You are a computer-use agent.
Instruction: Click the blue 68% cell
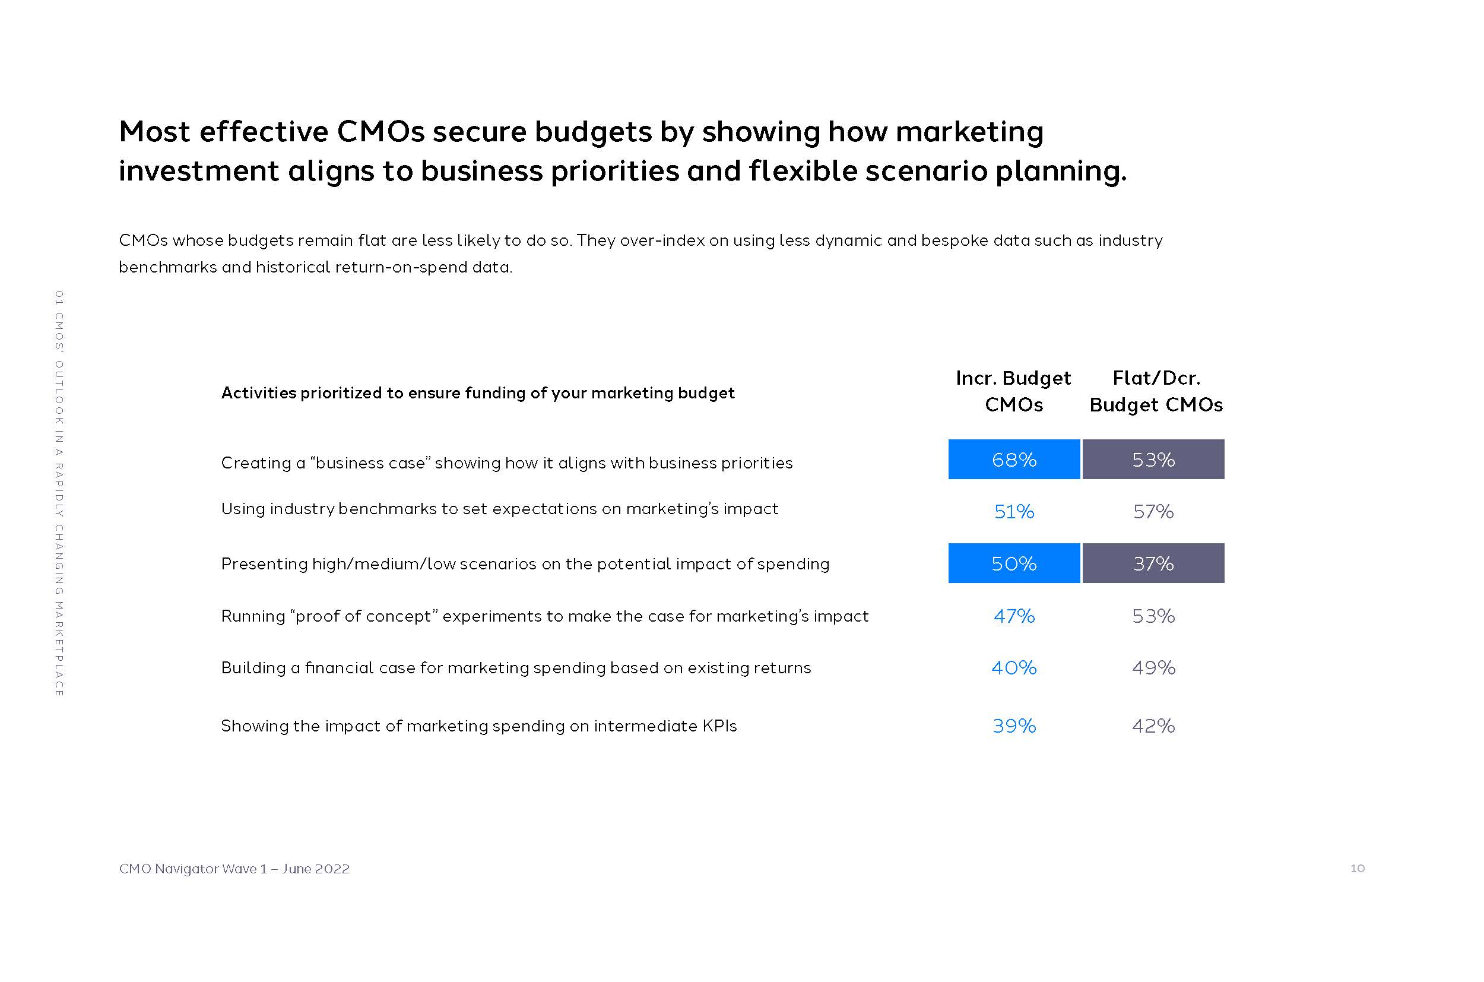[x=1014, y=460]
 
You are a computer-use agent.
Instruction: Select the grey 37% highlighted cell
[x=1153, y=563]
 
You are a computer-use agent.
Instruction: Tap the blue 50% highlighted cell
[x=1014, y=563]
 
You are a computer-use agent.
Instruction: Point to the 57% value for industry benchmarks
[x=1153, y=512]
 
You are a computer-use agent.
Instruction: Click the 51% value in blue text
[x=1014, y=512]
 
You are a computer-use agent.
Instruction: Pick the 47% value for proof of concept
[x=1014, y=616]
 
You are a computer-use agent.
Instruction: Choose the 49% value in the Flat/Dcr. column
[x=1153, y=667]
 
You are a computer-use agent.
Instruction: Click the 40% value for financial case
[x=1014, y=667]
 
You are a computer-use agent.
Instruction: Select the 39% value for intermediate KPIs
[x=1014, y=726]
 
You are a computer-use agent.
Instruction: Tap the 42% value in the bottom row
[x=1153, y=726]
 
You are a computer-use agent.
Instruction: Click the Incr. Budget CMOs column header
[x=1013, y=391]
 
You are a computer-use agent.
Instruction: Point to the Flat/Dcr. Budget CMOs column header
[x=1155, y=391]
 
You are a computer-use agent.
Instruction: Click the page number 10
[x=1357, y=868]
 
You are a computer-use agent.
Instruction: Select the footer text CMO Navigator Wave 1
[x=233, y=869]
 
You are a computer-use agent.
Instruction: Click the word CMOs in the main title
[x=380, y=132]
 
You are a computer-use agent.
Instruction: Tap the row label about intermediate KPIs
[x=478, y=726]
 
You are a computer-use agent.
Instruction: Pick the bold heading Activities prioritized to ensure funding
[x=477, y=392]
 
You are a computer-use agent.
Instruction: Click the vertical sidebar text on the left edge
[x=59, y=493]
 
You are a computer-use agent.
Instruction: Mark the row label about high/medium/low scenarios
[x=525, y=563]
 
